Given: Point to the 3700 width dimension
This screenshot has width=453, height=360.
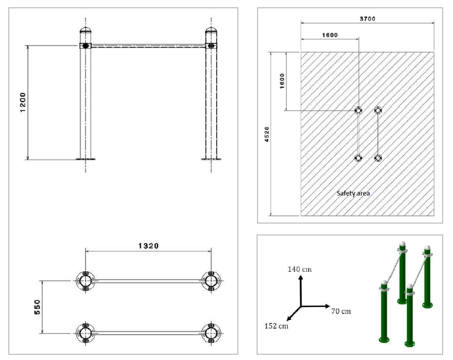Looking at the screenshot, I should coord(367,18).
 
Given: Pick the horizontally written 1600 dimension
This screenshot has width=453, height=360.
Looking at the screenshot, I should coord(330,35).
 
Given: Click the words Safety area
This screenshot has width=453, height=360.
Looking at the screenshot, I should coord(353,193).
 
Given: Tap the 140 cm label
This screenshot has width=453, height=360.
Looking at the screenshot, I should coord(300,269).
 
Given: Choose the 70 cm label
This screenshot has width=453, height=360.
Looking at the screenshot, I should coord(341,311).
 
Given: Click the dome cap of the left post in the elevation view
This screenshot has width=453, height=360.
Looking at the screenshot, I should coord(85,32).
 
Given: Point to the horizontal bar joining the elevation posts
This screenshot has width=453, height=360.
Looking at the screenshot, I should coord(148,46).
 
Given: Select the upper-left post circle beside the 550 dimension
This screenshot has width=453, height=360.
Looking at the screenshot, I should coord(84,281).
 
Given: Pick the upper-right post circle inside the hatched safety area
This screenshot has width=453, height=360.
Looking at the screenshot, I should coord(377,110).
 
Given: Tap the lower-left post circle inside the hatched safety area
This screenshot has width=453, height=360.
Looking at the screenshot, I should coord(358,158).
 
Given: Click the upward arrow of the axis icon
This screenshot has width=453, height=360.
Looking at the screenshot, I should coord(300,280).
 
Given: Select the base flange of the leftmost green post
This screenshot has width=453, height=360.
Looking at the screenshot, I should coord(384,340).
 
